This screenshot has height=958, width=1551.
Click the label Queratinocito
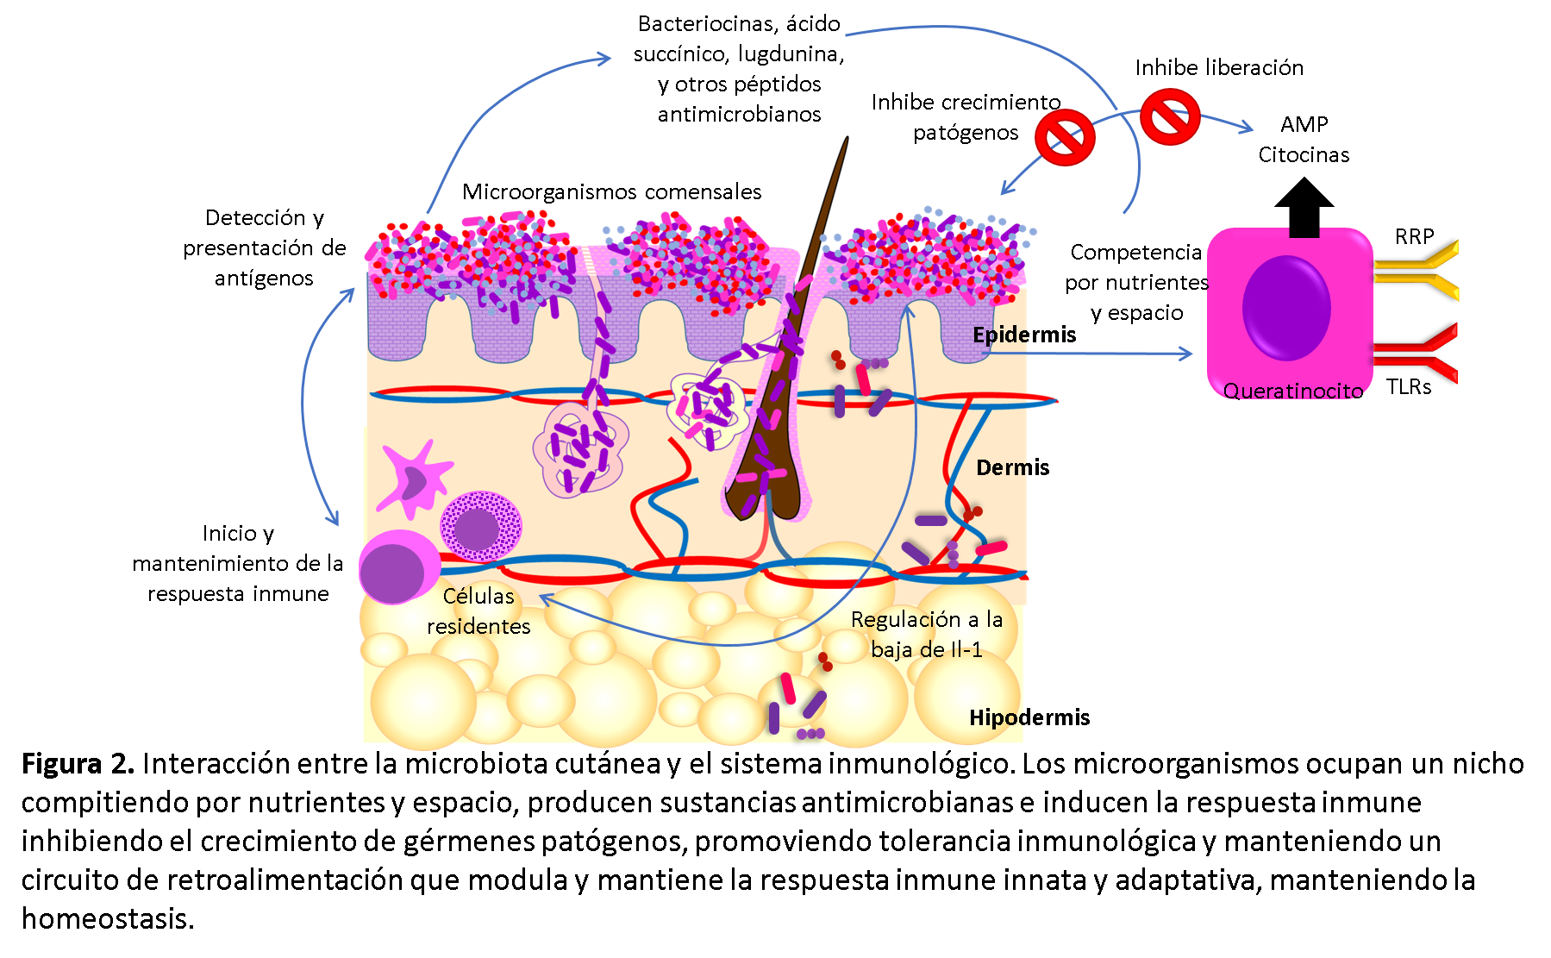1292,391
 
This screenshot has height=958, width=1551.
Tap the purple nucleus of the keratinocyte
1286,308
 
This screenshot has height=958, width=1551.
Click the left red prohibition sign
1066,137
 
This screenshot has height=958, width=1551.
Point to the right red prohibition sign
1170,116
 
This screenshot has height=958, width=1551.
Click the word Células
478,596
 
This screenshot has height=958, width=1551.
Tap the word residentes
478,627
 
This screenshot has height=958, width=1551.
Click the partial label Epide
1000,335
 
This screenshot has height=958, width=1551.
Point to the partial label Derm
1002,468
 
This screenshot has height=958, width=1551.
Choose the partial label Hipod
997,718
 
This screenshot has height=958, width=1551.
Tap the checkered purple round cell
481,526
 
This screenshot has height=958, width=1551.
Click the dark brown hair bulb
766,492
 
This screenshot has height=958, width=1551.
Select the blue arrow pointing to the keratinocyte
1086,353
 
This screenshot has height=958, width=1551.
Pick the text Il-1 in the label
966,650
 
